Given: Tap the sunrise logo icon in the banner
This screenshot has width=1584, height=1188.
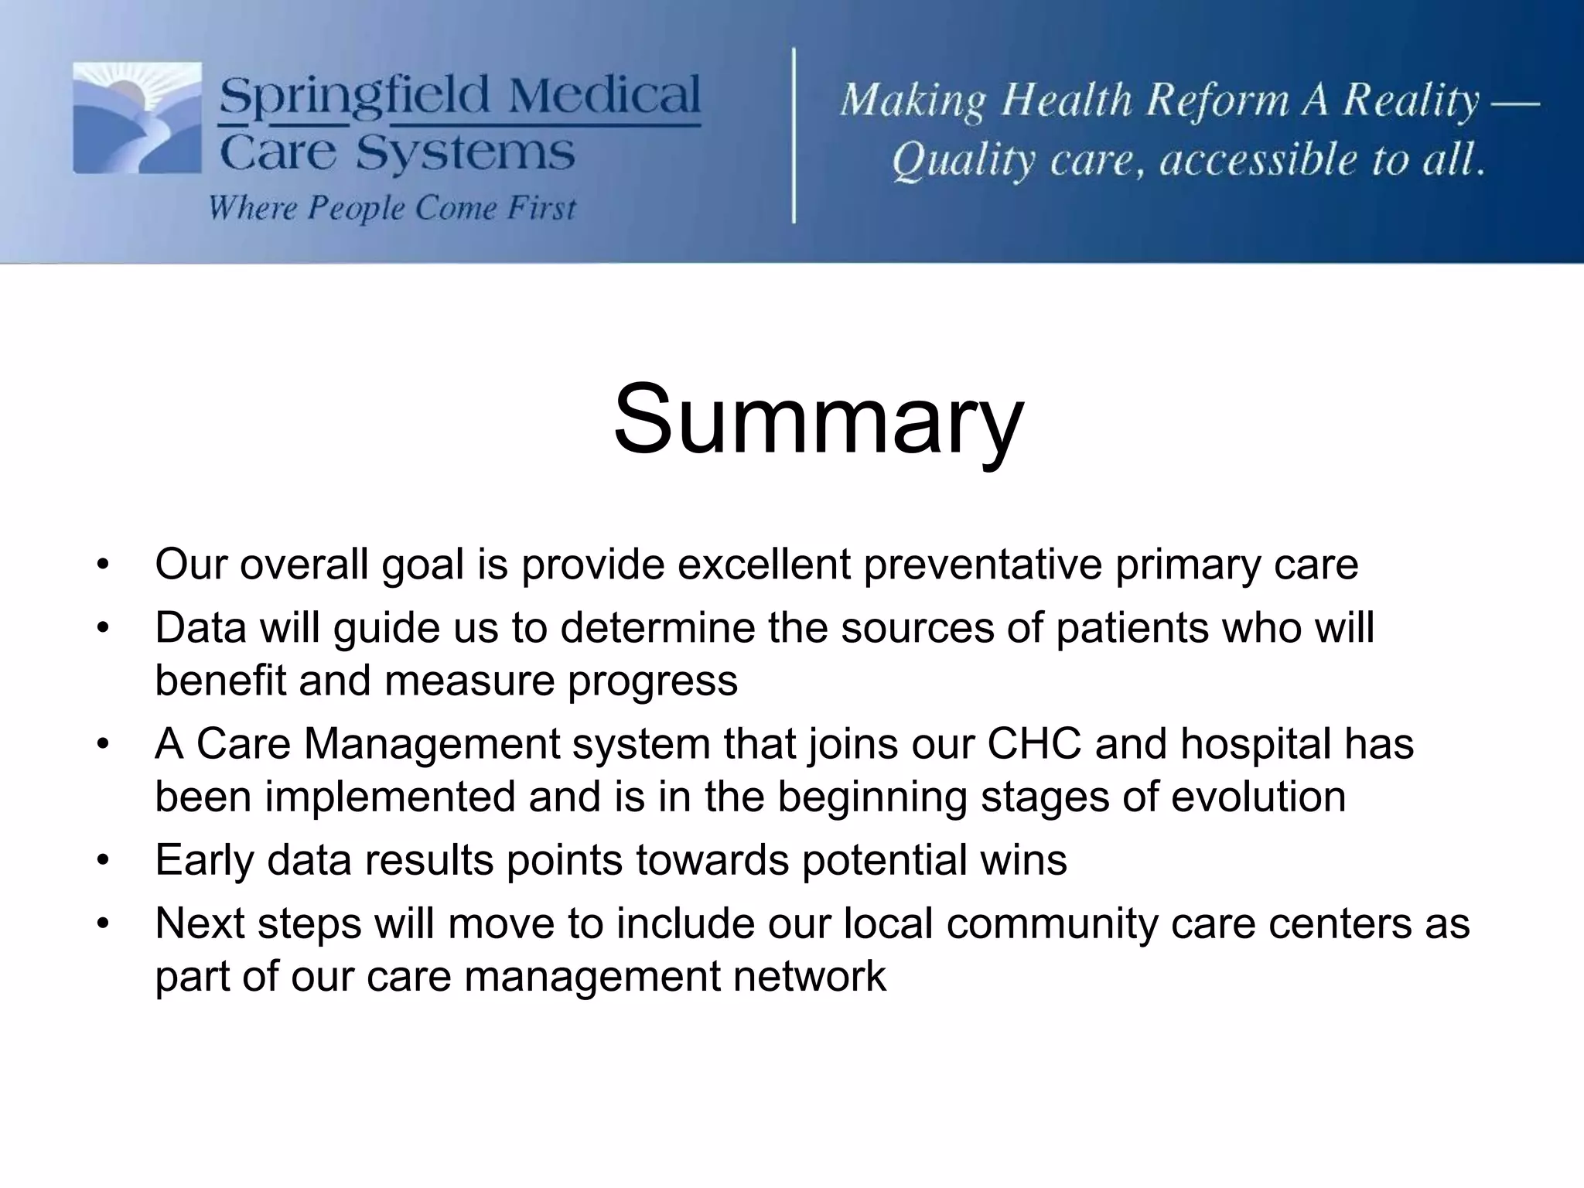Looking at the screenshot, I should coord(138,118).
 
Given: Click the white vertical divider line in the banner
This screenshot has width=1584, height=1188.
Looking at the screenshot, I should coord(794,135).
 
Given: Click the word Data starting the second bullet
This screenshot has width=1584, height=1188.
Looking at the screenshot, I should coord(200,627).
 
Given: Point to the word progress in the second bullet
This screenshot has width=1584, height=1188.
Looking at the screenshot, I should coord(653,681).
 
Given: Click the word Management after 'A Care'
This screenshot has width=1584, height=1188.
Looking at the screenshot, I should coord(430,744).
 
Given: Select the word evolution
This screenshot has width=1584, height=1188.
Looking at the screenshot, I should coord(1258,797).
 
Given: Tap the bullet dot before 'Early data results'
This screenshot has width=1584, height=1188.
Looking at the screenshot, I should coord(103,861).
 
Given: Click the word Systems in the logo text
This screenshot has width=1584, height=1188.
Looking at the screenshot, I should coord(465,153).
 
